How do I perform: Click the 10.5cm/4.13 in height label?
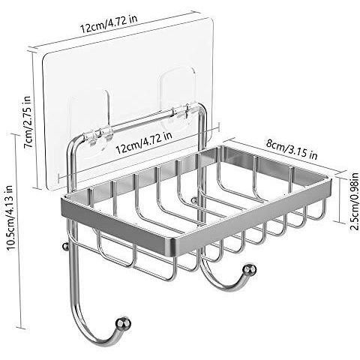[11, 217]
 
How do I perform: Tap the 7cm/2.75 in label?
[28, 121]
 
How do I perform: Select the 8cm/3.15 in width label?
[292, 150]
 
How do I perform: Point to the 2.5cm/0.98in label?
[354, 202]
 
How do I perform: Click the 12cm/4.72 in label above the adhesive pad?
[109, 23]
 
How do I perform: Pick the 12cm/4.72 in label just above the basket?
[144, 142]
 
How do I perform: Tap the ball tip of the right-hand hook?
[250, 270]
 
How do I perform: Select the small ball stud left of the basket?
[65, 246]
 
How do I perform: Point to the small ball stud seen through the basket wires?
[194, 200]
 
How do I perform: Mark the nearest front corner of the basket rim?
[171, 247]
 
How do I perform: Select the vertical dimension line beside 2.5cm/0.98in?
[340, 196]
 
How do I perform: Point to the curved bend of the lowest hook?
[88, 332]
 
